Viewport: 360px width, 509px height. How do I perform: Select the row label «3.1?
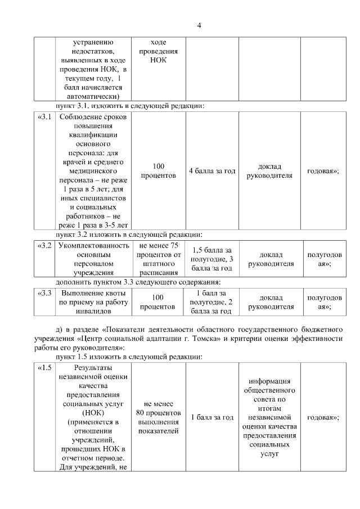[44, 117]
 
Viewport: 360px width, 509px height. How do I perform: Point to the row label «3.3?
[44, 293]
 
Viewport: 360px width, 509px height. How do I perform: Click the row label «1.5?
[44, 368]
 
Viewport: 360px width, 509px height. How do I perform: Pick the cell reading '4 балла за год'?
[212, 170]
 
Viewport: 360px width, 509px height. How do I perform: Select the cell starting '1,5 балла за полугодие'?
[212, 259]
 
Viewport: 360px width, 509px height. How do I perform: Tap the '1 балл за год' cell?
[212, 417]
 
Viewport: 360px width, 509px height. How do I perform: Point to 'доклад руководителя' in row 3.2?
[271, 259]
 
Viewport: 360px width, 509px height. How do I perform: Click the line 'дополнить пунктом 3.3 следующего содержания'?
[137, 281]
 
